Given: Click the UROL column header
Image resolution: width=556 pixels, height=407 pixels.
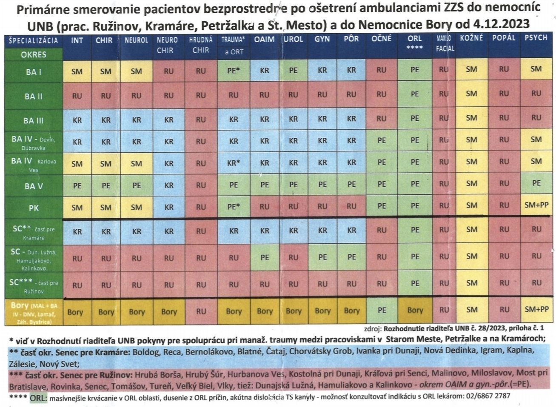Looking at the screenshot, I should click(293, 40).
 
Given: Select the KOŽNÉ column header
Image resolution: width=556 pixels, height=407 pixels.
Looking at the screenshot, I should click(471, 38).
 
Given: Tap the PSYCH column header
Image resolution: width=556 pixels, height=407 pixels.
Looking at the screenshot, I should click(536, 38).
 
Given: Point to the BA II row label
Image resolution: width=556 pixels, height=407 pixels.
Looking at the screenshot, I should click(33, 97).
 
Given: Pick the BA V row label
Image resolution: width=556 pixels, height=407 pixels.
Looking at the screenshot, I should click(34, 186).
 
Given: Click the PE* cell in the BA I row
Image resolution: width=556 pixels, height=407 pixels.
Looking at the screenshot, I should click(234, 71).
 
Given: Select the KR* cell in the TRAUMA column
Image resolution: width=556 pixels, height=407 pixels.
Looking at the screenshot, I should click(234, 163).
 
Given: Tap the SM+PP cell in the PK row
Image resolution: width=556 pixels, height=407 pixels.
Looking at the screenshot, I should click(536, 205).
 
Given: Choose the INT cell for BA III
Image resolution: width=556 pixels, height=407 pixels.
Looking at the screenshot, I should click(77, 120).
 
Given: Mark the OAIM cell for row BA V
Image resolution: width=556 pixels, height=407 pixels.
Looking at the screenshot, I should click(265, 185).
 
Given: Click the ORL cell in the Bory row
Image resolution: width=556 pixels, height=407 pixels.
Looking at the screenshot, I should click(415, 310).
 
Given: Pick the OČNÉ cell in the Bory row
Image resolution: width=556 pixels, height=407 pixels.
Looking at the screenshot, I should click(382, 310).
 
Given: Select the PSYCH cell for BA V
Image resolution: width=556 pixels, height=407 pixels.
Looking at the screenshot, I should click(536, 183).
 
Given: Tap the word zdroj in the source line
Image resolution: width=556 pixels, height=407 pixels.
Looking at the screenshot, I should click(373, 328).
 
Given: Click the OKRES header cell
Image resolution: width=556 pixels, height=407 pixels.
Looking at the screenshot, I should click(34, 54).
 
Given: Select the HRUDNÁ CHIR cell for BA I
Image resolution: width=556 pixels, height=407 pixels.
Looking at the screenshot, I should click(201, 71).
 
